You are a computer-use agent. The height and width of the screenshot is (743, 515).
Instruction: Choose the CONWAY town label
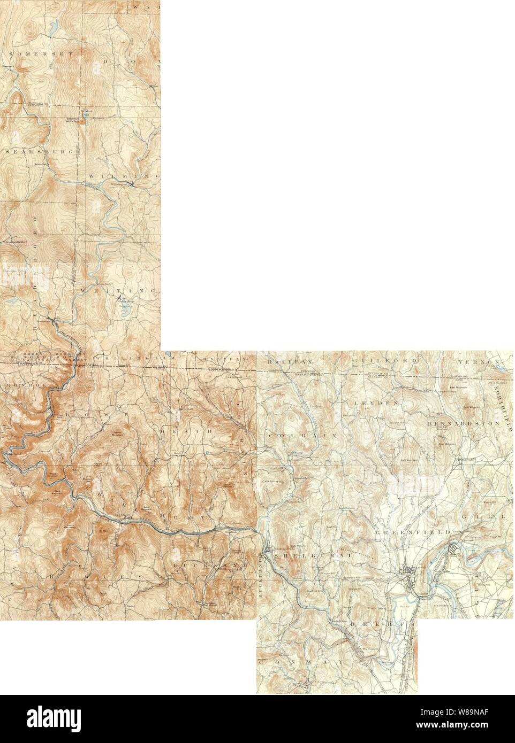(x=286, y=662)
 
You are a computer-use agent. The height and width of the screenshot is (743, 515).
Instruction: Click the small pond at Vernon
(x=501, y=368)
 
